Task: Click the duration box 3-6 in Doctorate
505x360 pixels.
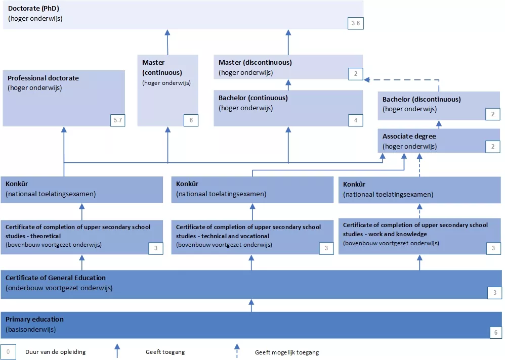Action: click(356, 23)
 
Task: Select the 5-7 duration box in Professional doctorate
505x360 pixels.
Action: click(117, 120)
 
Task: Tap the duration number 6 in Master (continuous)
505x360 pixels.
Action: click(191, 120)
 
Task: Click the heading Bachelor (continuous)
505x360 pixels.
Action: click(252, 98)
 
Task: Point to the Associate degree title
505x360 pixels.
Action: click(409, 137)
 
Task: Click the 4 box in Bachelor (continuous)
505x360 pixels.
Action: click(356, 120)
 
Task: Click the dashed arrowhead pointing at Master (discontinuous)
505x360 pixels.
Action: click(368, 79)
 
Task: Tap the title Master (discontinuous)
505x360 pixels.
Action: click(255, 62)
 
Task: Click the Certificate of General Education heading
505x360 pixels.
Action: click(56, 278)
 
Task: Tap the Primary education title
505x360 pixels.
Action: click(34, 319)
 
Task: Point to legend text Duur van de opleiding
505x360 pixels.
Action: click(56, 352)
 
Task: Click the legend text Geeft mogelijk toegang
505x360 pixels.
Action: click(286, 352)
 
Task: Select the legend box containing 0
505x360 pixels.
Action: click(8, 351)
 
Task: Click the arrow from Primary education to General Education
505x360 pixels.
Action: click(251, 305)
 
